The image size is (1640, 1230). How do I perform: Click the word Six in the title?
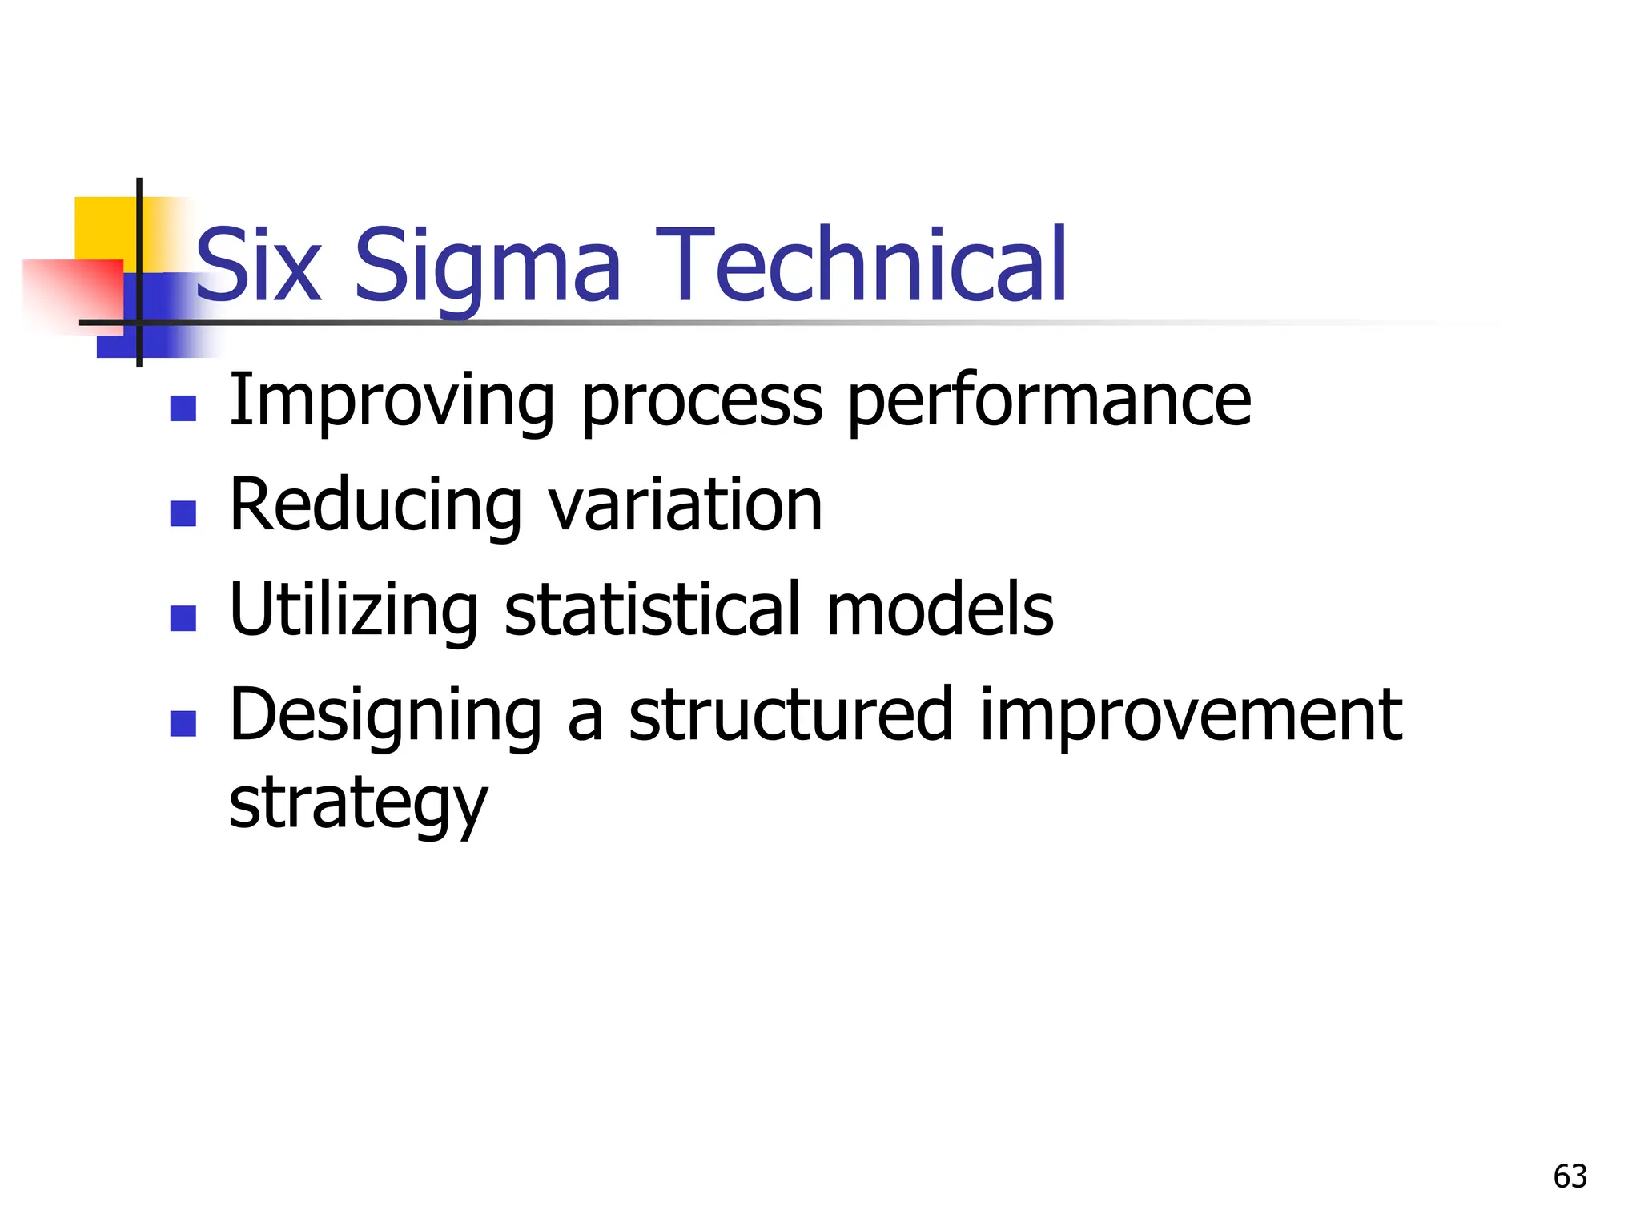coord(259,266)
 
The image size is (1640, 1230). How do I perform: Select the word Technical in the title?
coord(861,266)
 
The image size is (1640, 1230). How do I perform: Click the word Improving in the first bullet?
coord(391,400)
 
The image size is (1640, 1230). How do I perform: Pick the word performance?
coord(1049,400)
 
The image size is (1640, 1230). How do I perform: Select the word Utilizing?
coord(353,609)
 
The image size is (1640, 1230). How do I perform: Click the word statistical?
coord(651,609)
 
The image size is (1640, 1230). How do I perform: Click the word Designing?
coord(385,714)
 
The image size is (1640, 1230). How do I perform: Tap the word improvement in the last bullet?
coord(1191,714)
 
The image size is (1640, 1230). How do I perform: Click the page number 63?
coord(1570,1176)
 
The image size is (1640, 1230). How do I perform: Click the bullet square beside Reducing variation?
coord(183,513)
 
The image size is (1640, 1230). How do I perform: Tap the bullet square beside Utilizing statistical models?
coord(183,618)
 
